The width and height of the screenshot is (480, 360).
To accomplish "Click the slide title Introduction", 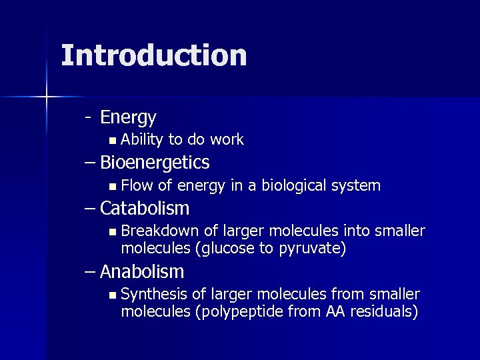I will coord(153,55).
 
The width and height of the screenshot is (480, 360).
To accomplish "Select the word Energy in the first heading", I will coord(128,118).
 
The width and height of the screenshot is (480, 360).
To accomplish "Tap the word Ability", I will coord(142,139).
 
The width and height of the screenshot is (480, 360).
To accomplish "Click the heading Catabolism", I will coord(145,209).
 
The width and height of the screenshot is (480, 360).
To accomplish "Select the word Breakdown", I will coord(160,231).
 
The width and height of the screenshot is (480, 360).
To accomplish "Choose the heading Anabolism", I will coord(142,272).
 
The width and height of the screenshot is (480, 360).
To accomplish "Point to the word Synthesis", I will coord(155,294).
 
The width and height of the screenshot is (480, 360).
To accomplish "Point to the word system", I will coord(357,185).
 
